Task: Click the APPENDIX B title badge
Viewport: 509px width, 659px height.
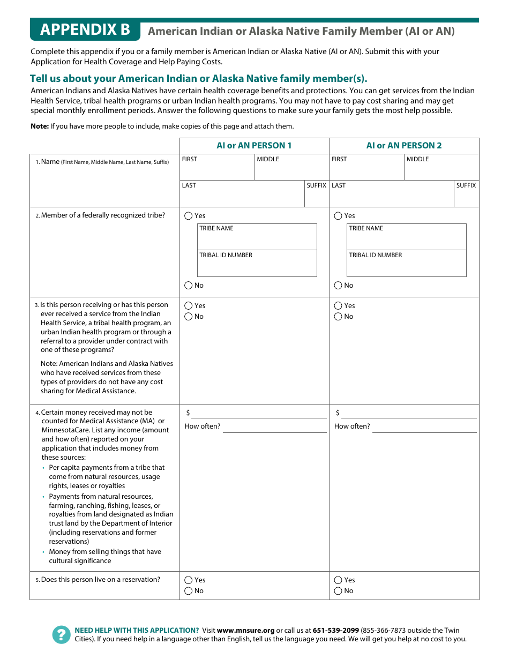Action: [85, 30]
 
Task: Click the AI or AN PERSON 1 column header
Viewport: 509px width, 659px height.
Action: [254, 146]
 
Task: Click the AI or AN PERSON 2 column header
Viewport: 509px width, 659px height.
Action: [404, 146]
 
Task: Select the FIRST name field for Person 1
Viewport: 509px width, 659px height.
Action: [217, 169]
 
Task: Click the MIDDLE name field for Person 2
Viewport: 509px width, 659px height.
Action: [441, 169]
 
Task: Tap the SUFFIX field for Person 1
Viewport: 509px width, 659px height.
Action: [316, 196]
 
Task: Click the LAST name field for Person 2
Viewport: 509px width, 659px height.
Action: [391, 196]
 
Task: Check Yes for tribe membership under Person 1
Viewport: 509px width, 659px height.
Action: [189, 216]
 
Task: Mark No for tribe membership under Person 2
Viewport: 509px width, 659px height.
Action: [338, 286]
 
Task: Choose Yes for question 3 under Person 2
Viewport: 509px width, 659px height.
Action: [338, 306]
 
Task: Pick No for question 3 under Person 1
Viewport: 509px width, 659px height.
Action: [189, 317]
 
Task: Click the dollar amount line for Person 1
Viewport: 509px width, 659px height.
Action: [259, 413]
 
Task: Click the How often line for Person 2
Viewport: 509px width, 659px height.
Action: [424, 427]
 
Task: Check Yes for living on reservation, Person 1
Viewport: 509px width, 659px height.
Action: [189, 580]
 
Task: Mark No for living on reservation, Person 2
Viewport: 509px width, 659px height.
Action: [338, 591]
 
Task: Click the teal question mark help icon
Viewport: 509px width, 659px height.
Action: [62, 635]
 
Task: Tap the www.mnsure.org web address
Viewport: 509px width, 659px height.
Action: [245, 631]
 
